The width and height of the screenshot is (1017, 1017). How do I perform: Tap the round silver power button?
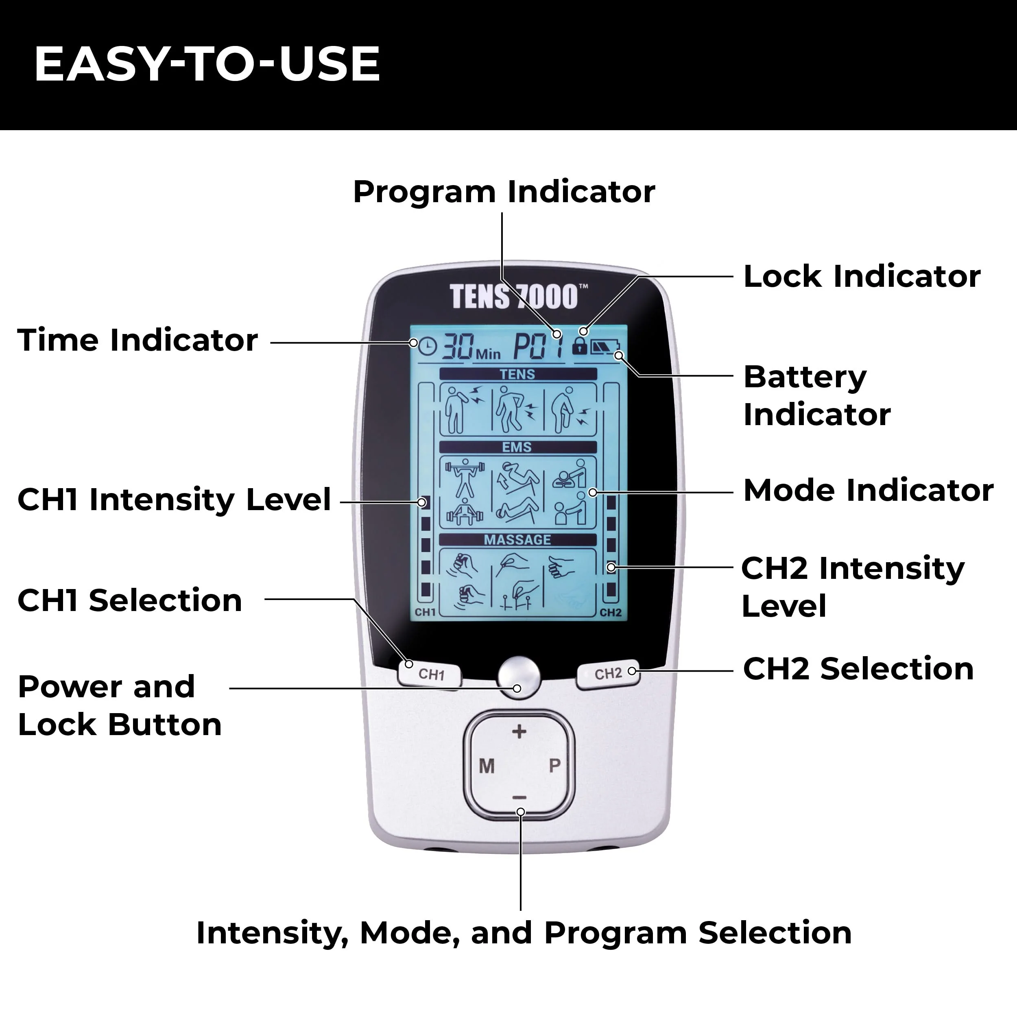pyautogui.click(x=519, y=677)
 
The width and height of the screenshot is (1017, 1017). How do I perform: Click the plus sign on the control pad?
pyautogui.click(x=519, y=731)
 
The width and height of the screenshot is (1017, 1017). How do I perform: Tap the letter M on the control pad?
pyautogui.click(x=487, y=766)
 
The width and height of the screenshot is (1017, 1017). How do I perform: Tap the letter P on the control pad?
pyautogui.click(x=555, y=765)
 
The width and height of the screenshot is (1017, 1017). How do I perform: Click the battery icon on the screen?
pyautogui.click(x=605, y=347)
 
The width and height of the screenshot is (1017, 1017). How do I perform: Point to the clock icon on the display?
pyautogui.click(x=428, y=346)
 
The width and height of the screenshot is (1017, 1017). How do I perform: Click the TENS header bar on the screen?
pyautogui.click(x=518, y=374)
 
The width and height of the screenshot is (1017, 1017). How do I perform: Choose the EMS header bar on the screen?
pyautogui.click(x=518, y=447)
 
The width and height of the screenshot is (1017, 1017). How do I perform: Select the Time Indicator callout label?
pyautogui.click(x=138, y=340)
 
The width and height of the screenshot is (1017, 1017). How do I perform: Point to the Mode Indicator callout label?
pyautogui.click(x=869, y=491)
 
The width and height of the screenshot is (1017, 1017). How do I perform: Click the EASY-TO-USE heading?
pyautogui.click(x=207, y=64)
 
